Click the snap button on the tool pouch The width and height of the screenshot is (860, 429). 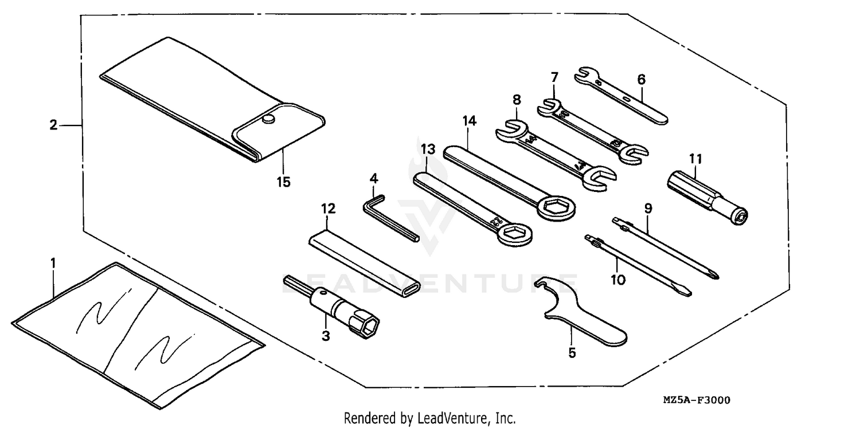[x=267, y=120]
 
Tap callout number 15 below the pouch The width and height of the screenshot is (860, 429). [x=283, y=182]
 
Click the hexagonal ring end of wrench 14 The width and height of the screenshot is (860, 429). [x=556, y=207]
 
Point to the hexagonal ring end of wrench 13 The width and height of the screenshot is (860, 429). [x=514, y=233]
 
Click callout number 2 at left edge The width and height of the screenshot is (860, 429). [x=53, y=125]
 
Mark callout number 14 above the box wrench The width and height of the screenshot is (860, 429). [x=470, y=121]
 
